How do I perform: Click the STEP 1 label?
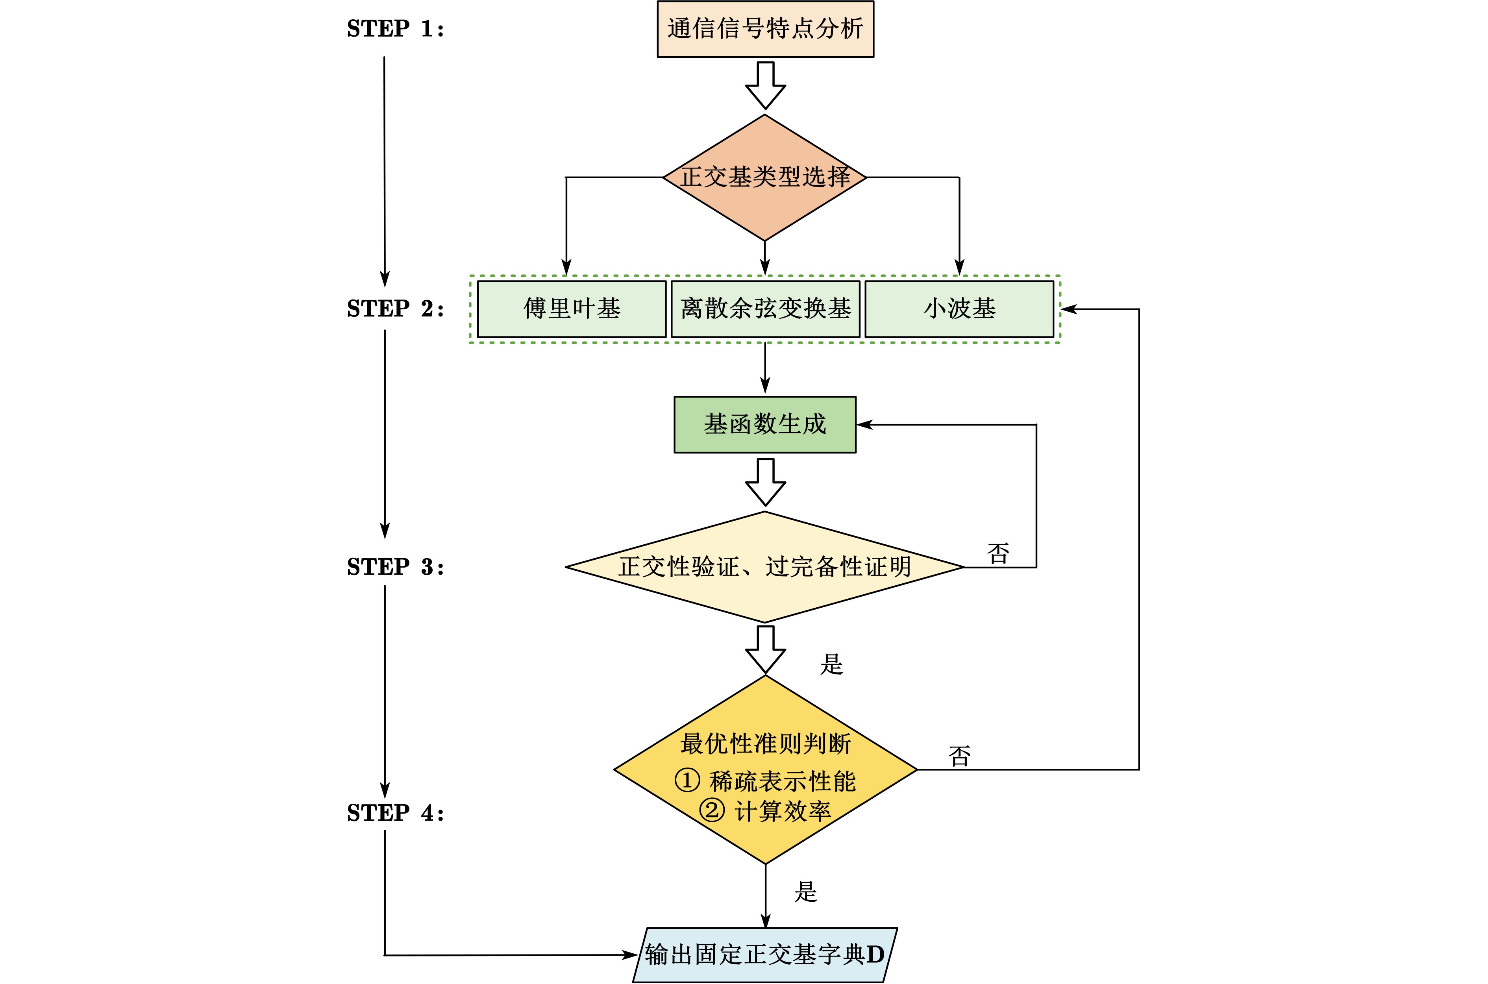pyautogui.click(x=395, y=29)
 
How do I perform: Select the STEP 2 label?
pyautogui.click(x=395, y=309)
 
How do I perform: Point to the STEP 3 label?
pyautogui.click(x=395, y=567)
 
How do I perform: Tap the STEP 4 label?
pyautogui.click(x=395, y=813)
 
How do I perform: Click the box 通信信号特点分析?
pyautogui.click(x=765, y=29)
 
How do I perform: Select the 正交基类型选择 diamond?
pyautogui.click(x=765, y=178)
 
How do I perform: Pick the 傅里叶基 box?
pyautogui.click(x=572, y=309)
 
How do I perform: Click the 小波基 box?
pyautogui.click(x=959, y=309)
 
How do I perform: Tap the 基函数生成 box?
pyautogui.click(x=765, y=425)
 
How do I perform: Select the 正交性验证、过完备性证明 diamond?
pyautogui.click(x=764, y=567)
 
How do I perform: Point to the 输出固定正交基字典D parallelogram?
pyautogui.click(x=765, y=954)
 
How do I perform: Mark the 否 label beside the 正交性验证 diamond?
pyautogui.click(x=998, y=553)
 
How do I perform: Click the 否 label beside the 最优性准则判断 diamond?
pyautogui.click(x=959, y=756)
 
